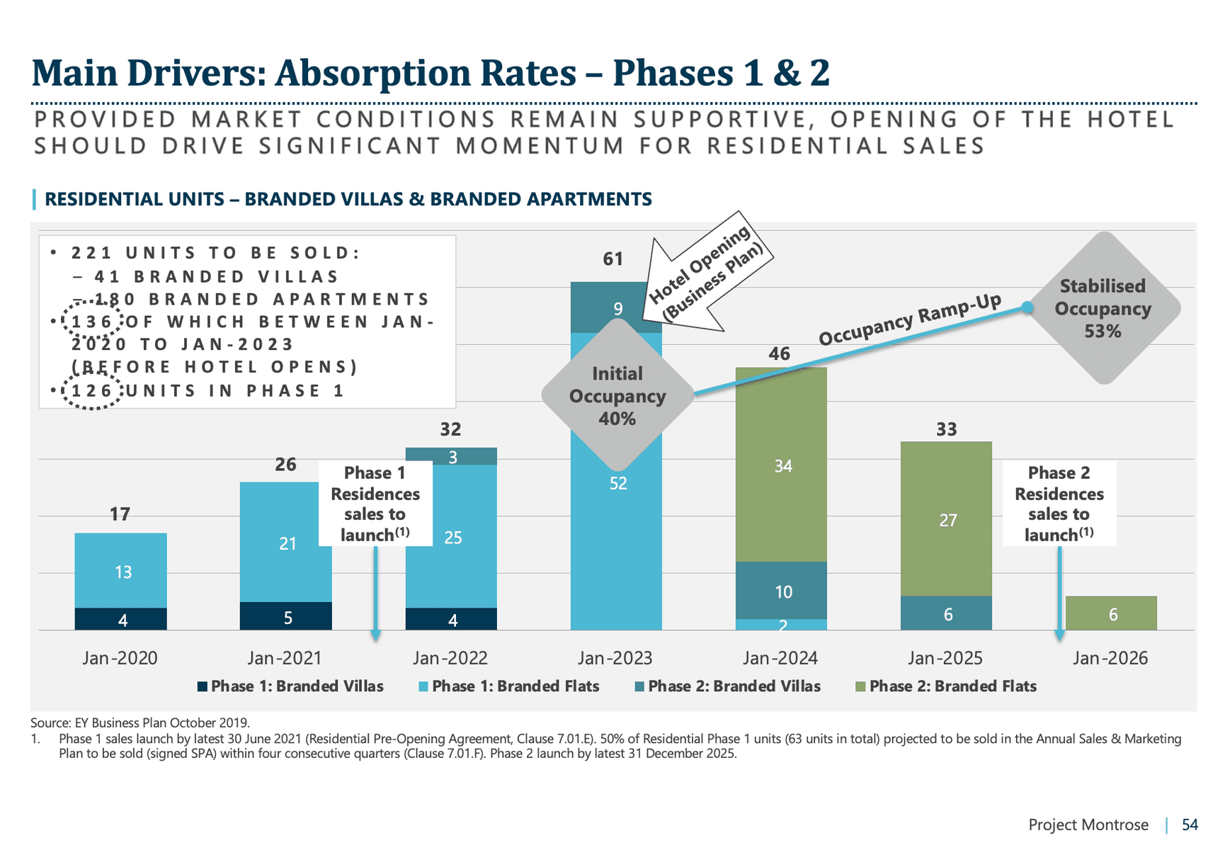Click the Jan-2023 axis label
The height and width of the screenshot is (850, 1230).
click(x=615, y=658)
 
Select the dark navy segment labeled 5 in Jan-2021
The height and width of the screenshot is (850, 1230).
click(x=286, y=617)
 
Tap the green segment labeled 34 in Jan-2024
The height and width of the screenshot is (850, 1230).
click(x=782, y=465)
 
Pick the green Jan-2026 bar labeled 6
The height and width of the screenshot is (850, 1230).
click(x=1111, y=613)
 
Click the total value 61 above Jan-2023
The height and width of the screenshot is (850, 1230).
click(x=613, y=259)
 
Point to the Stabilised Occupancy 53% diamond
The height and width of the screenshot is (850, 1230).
click(x=1103, y=308)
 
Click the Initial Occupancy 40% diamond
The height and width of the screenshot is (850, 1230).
click(x=617, y=396)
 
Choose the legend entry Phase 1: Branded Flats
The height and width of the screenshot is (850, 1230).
click(x=509, y=686)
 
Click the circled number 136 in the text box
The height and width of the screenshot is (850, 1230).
click(x=92, y=322)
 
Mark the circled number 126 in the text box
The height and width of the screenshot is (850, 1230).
click(x=92, y=391)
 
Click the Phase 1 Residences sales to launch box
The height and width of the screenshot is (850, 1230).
click(x=375, y=504)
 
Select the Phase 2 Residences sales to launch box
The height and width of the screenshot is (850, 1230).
click(x=1059, y=504)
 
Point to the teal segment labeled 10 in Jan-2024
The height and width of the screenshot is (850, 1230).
click(x=782, y=591)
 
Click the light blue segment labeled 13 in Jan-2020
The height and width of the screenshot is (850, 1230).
click(x=121, y=571)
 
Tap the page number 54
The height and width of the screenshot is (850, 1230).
click(x=1190, y=824)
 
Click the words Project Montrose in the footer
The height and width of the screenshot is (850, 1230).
click(x=1088, y=824)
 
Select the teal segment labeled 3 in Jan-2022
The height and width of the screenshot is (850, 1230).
click(x=451, y=457)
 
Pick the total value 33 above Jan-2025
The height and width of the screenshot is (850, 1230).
click(x=946, y=429)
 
